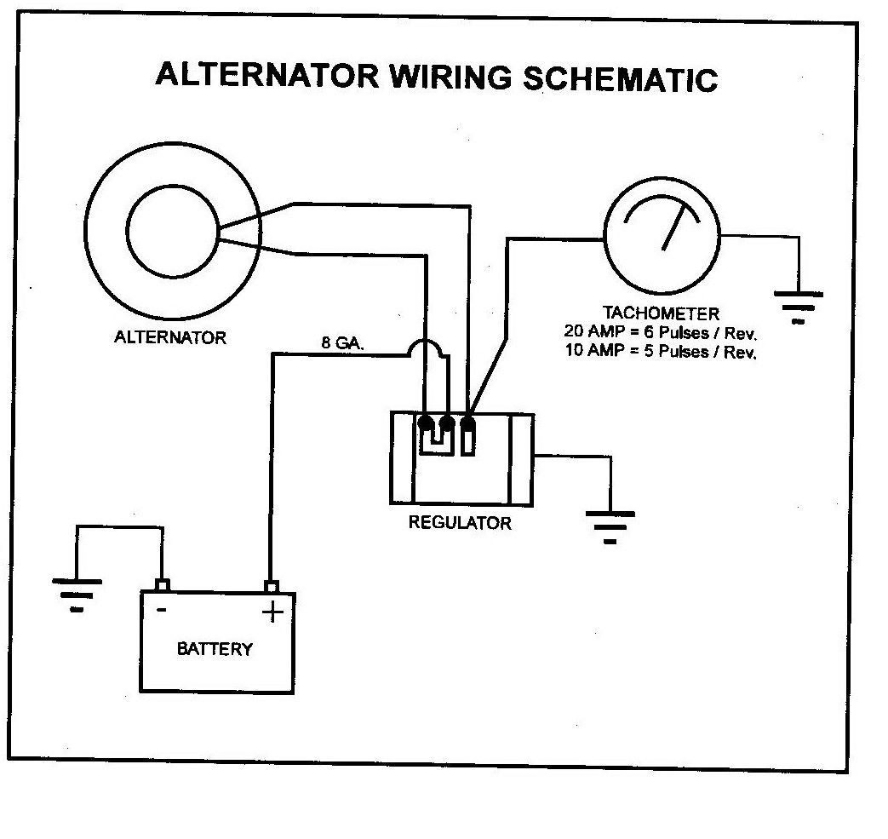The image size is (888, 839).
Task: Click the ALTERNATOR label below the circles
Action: point(170,338)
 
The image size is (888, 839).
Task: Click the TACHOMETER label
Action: point(661,313)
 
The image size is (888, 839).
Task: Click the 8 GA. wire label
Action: point(342,343)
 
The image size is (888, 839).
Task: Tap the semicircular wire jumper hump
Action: point(425,350)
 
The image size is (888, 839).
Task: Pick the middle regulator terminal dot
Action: point(446,422)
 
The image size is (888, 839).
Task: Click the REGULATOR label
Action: point(460,522)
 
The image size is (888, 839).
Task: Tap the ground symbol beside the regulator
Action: point(610,524)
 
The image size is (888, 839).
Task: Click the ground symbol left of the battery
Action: point(77,592)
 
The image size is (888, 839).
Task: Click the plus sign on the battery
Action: point(272,612)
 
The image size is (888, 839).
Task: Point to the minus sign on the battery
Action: point(160,610)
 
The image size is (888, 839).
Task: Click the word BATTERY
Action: point(215,649)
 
